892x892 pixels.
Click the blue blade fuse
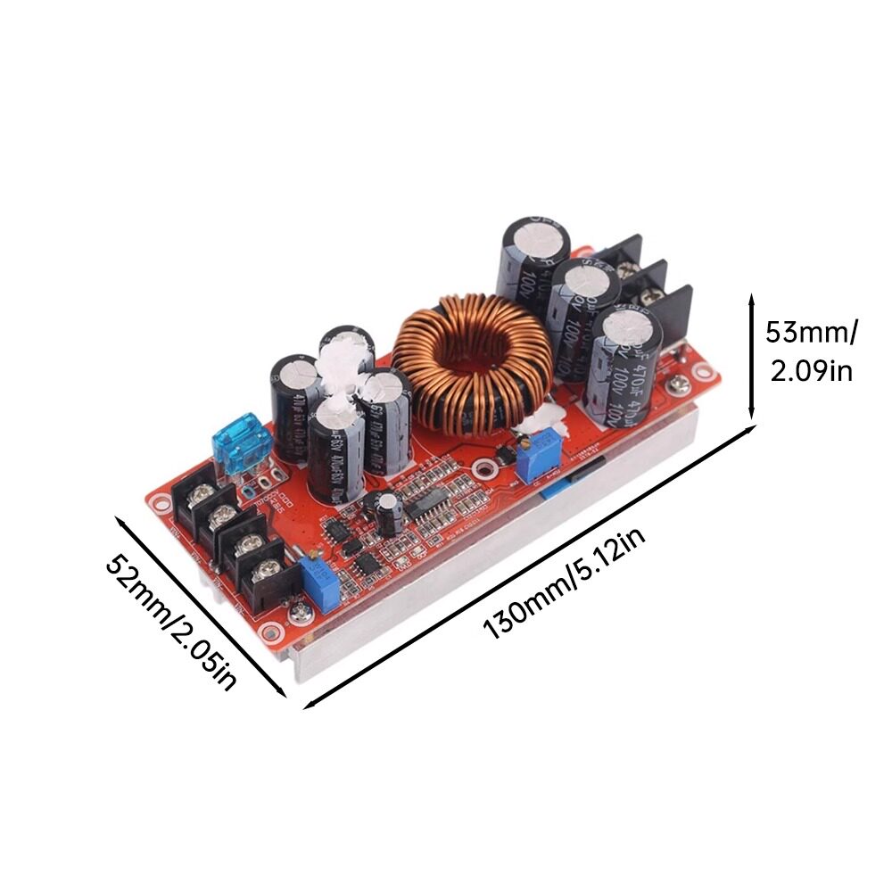(241, 444)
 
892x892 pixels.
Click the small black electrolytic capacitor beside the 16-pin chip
(387, 509)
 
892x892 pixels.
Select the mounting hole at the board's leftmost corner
(161, 501)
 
